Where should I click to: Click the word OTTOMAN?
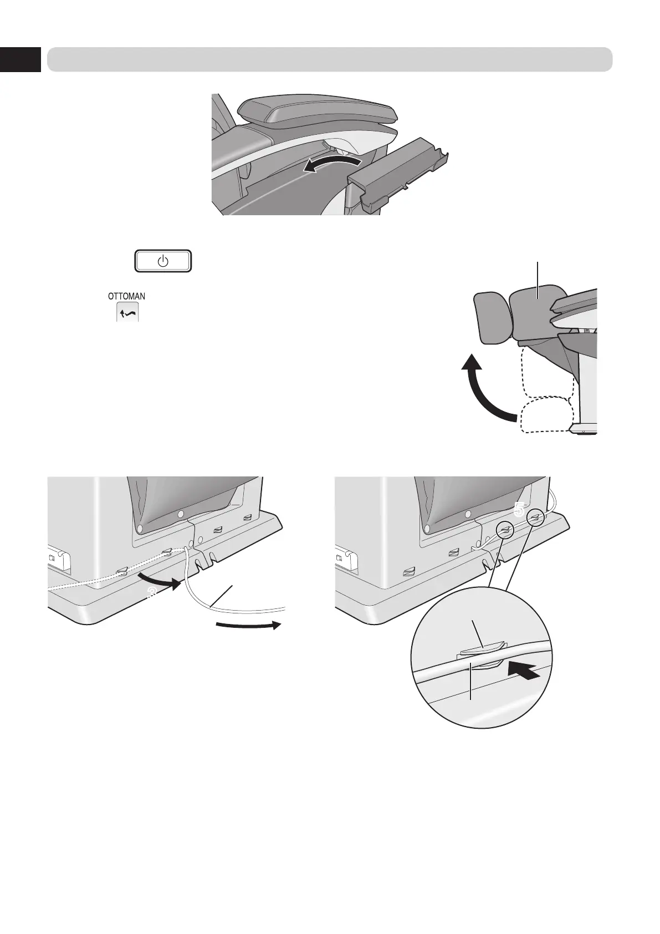[x=126, y=297]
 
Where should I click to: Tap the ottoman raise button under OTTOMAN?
[x=127, y=312]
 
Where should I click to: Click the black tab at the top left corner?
[x=20, y=59]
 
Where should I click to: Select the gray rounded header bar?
[x=329, y=59]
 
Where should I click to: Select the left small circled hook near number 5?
[x=505, y=531]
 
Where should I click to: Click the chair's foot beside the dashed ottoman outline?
[x=585, y=429]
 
